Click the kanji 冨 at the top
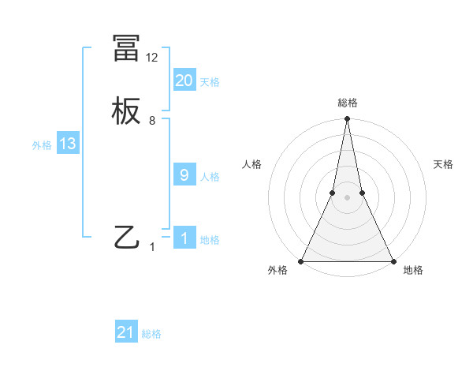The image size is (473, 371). pyautogui.click(x=127, y=49)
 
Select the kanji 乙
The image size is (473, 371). pyautogui.click(x=127, y=238)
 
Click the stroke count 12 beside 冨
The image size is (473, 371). pyautogui.click(x=152, y=58)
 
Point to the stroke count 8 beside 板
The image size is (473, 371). pyautogui.click(x=152, y=121)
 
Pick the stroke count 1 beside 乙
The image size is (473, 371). pyautogui.click(x=152, y=246)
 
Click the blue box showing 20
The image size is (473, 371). pyautogui.click(x=184, y=81)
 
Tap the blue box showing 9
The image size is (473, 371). pyautogui.click(x=184, y=175)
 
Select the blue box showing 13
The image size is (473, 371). pyautogui.click(x=68, y=144)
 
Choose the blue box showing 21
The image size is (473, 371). pyautogui.click(x=126, y=332)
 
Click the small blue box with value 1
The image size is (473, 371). pyautogui.click(x=184, y=238)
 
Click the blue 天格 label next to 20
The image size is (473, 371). pyautogui.click(x=210, y=82)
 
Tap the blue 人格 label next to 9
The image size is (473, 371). pyautogui.click(x=210, y=177)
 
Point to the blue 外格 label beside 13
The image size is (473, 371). pyautogui.click(x=42, y=145)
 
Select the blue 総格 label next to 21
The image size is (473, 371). pyautogui.click(x=151, y=334)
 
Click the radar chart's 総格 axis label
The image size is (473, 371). pyautogui.click(x=347, y=103)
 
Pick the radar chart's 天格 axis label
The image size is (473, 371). pyautogui.click(x=444, y=164)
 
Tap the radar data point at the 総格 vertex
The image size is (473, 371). pyautogui.click(x=347, y=120)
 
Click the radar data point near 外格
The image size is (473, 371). pyautogui.click(x=301, y=260)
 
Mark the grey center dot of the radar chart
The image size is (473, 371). pyautogui.click(x=347, y=197)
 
